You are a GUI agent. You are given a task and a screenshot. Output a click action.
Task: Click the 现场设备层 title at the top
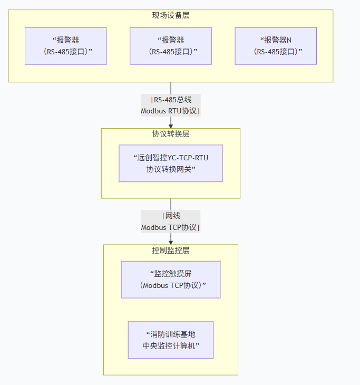pyautogui.click(x=170, y=15)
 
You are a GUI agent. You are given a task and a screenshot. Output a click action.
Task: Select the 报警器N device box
pyautogui.click(x=276, y=46)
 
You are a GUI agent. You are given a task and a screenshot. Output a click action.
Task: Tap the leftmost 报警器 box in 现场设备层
pyautogui.click(x=66, y=46)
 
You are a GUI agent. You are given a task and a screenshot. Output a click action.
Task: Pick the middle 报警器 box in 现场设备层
pyautogui.click(x=171, y=46)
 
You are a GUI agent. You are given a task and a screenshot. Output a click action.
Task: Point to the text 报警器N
pyautogui.click(x=277, y=40)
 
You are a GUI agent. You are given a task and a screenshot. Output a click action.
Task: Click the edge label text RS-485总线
pyautogui.click(x=171, y=100)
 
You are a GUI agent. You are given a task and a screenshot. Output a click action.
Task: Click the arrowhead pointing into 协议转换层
pyautogui.click(x=171, y=125)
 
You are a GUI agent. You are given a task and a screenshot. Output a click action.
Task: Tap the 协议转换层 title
pyautogui.click(x=170, y=134)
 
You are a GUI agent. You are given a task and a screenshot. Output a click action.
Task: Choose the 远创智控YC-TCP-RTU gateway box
pyautogui.click(x=170, y=163)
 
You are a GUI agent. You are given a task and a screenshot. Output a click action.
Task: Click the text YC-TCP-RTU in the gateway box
pyautogui.click(x=188, y=157)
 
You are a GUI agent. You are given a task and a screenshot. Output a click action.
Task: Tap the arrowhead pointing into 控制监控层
pyautogui.click(x=171, y=241)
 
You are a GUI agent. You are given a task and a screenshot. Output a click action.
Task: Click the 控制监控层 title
pyautogui.click(x=170, y=250)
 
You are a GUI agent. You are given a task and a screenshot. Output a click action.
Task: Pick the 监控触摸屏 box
pyautogui.click(x=170, y=280)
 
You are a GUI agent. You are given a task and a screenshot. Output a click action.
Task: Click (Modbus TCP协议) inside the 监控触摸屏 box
pyautogui.click(x=171, y=285)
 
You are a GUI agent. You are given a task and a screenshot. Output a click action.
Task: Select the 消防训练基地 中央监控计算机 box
pyautogui.click(x=170, y=340)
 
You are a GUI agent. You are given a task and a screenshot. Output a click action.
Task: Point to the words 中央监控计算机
pyautogui.click(x=170, y=346)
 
